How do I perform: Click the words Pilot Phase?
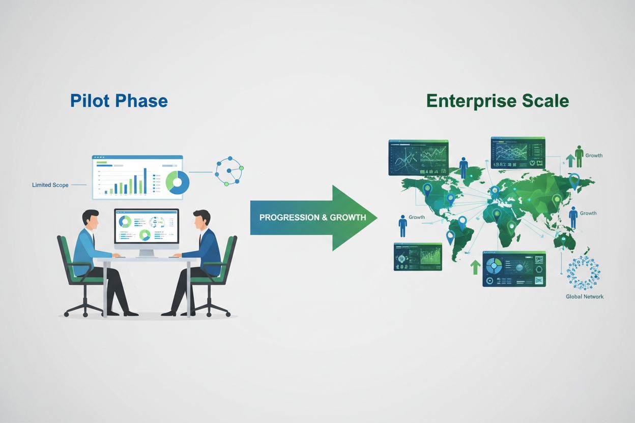(x=119, y=100)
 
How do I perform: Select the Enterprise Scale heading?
(x=497, y=100)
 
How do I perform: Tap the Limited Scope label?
(x=50, y=185)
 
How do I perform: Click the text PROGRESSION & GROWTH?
(x=312, y=217)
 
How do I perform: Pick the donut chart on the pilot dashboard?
(x=178, y=182)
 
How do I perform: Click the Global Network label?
(x=585, y=296)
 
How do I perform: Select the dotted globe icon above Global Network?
(x=584, y=272)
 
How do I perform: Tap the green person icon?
(x=579, y=155)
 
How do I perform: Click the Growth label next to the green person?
(x=594, y=155)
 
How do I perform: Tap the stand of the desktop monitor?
(x=147, y=252)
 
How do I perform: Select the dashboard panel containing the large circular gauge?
(x=514, y=268)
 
